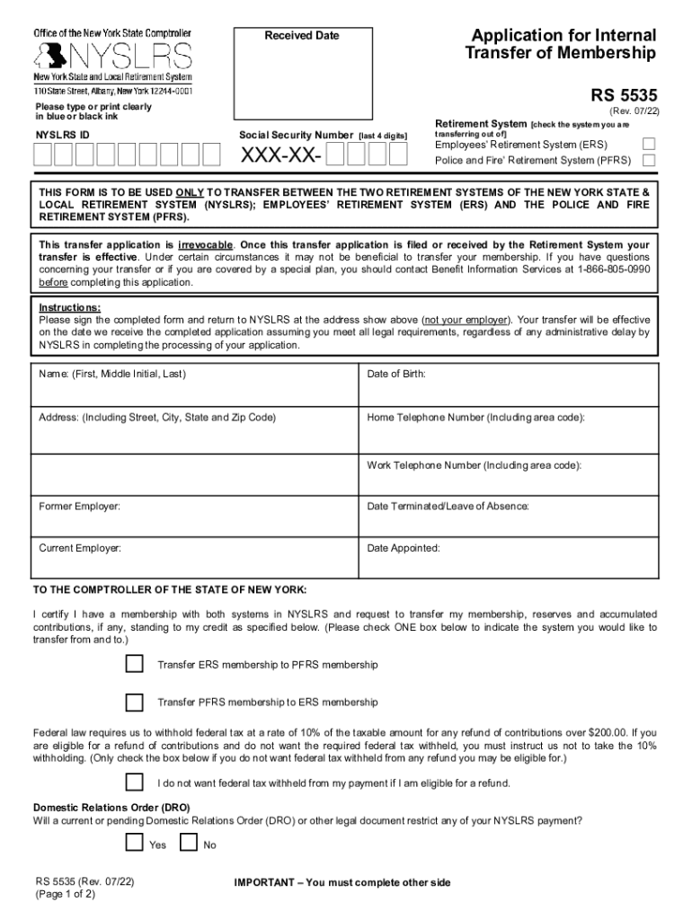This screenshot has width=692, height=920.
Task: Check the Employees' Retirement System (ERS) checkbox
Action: [x=649, y=144]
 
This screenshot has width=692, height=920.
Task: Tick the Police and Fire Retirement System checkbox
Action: [x=649, y=160]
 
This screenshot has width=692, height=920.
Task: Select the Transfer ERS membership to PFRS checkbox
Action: [x=134, y=664]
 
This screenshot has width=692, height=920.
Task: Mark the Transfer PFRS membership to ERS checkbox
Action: [x=134, y=702]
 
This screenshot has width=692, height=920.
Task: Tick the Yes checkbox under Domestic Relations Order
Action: [x=134, y=843]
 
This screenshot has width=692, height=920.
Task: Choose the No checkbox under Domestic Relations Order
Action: [x=189, y=843]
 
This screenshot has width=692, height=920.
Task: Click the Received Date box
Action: [x=302, y=76]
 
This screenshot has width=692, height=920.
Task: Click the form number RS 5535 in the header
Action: [x=624, y=93]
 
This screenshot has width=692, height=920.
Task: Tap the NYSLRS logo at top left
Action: [x=113, y=57]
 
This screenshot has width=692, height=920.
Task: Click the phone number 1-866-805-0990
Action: [x=612, y=270]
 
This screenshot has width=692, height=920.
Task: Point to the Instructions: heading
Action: [x=69, y=307]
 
